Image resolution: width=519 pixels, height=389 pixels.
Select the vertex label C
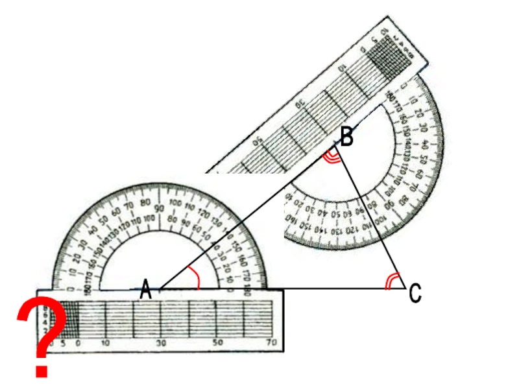point(415,295)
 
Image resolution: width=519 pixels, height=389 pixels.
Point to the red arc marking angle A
point(194,277)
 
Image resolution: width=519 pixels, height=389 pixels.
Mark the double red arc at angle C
point(391,281)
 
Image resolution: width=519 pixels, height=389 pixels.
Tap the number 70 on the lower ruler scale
point(272,342)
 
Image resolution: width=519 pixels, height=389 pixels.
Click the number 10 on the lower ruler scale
point(106,342)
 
